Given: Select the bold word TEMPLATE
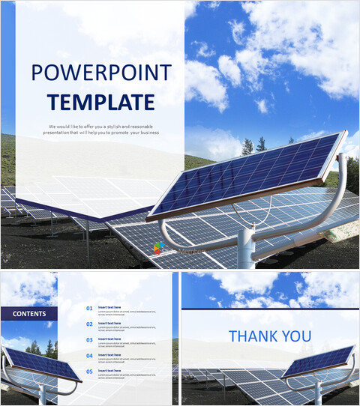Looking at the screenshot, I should tap(100, 102).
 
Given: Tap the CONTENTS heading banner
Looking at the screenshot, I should tap(29, 314).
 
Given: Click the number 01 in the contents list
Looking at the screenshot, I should tap(89, 308).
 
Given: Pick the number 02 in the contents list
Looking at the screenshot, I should tap(89, 324).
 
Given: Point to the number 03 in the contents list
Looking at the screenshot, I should tap(89, 339).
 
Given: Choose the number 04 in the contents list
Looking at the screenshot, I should tap(89, 355).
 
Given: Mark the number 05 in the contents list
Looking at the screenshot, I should tap(89, 371).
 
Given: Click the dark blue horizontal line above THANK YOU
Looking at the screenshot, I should tap(270, 309).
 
